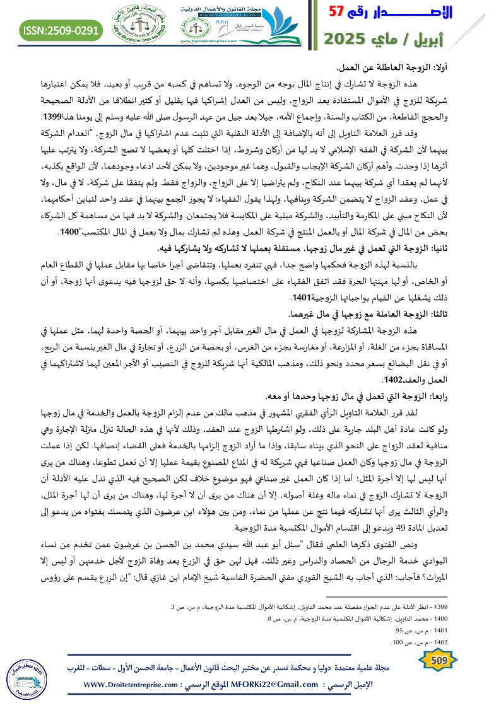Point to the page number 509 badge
point(437,660)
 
